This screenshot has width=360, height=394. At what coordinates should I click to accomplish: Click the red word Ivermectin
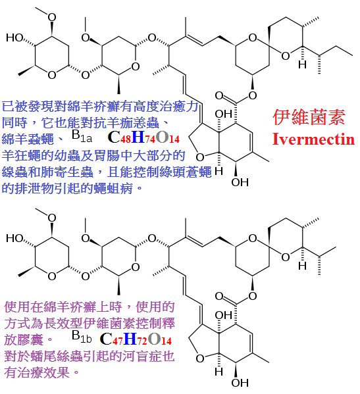click(x=313, y=139)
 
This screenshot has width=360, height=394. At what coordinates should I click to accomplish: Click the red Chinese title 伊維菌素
click(x=309, y=117)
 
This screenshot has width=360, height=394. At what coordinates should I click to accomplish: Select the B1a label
click(x=82, y=136)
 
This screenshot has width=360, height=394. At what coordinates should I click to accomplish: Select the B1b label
click(x=82, y=337)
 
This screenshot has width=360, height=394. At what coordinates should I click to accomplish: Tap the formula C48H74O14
click(x=143, y=137)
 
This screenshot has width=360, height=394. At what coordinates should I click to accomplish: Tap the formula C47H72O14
click(x=136, y=339)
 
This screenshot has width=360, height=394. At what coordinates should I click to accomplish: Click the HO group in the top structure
click(x=14, y=37)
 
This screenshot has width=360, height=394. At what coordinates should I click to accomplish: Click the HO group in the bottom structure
click(x=14, y=238)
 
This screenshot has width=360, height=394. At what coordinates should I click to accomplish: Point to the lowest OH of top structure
click(x=240, y=182)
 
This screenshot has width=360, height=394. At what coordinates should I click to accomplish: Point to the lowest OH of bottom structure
click(x=240, y=383)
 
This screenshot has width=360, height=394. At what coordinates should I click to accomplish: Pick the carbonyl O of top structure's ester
click(x=219, y=95)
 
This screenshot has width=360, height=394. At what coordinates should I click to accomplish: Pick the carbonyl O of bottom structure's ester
click(x=219, y=296)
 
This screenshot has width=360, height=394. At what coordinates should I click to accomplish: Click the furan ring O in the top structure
click(x=200, y=157)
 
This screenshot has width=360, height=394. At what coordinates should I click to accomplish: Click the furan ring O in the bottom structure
click(x=200, y=358)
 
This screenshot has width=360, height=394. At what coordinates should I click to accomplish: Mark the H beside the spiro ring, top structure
click(x=303, y=64)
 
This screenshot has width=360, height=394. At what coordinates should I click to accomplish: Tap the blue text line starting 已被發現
click(x=100, y=107)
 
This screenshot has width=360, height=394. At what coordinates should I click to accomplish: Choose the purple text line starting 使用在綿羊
click(x=90, y=307)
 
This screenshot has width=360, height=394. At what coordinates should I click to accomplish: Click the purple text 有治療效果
click(x=41, y=372)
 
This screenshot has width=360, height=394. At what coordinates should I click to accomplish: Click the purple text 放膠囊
click(x=28, y=339)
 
